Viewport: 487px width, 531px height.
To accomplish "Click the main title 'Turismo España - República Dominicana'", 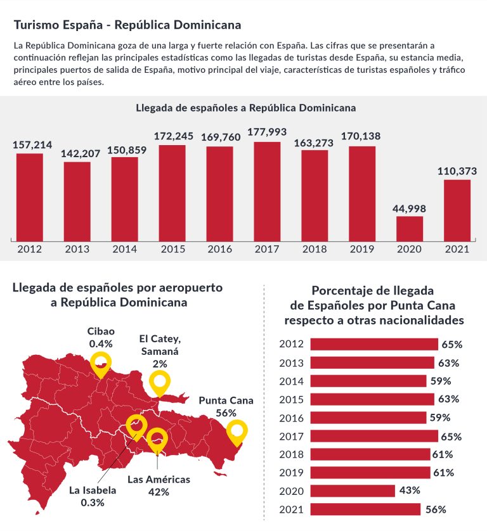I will coord(127,25).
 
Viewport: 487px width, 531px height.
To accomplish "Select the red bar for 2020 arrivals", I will coord(410,228).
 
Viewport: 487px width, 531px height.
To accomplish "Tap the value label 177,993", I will coord(267,132).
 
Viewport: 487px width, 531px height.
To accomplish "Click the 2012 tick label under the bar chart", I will coord(30,249).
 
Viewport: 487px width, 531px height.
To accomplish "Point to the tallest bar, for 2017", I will coord(267,191).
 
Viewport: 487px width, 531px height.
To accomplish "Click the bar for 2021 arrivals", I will coord(457,210).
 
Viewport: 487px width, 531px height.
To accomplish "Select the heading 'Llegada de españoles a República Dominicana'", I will coord(245,108).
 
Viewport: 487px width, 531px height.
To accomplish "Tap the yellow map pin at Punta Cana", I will coord(237,431).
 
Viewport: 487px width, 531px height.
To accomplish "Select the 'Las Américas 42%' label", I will coord(159,485).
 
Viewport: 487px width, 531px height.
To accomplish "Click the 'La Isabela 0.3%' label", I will coord(93,496).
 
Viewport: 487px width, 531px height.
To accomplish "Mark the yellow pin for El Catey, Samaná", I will coord(160,383).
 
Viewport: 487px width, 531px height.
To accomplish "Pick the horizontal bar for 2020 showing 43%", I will coord(353,490).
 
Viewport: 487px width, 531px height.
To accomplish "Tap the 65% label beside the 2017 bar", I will coord(451,437).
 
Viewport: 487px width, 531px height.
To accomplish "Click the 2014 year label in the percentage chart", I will coord(292,381).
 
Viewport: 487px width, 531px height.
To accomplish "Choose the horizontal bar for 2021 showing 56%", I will coord(365,509).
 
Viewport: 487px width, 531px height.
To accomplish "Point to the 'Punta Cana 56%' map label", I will coord(226,406).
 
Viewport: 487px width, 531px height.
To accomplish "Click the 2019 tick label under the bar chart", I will coord(362,249).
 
